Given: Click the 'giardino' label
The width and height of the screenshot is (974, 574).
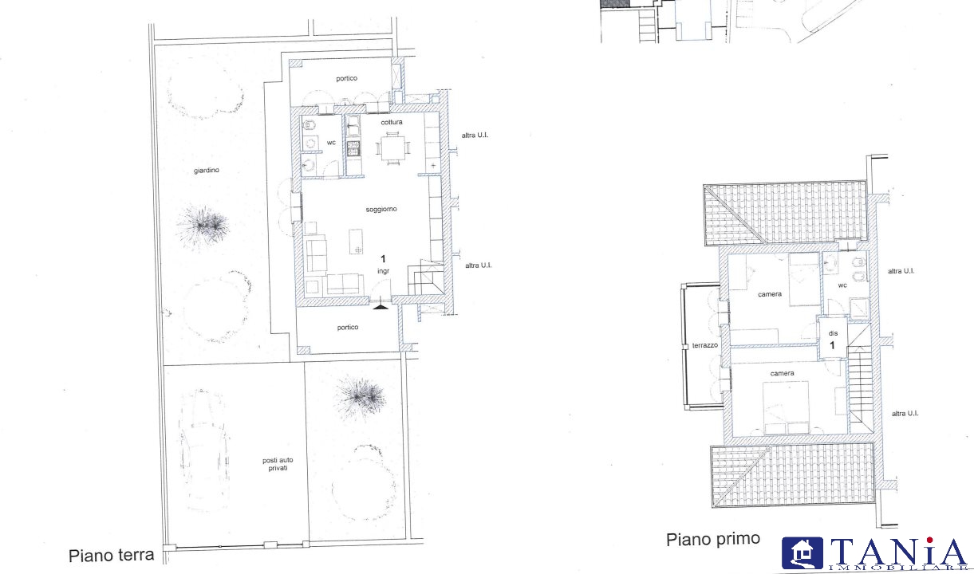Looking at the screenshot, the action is point(206,171).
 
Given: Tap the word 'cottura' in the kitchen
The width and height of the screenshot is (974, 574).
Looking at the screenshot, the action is point(392,122).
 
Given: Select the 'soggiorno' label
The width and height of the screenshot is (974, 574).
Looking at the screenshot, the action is point(381,209).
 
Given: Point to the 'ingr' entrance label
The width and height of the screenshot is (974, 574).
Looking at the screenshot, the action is point(383,271).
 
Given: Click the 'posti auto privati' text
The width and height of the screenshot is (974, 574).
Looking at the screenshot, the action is point(278,464).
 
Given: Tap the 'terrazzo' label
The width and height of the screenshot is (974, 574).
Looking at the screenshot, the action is point(705,345).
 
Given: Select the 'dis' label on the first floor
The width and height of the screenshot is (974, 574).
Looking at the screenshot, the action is point(833,333).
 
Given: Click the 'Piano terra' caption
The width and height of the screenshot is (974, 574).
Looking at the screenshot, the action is point(112,556).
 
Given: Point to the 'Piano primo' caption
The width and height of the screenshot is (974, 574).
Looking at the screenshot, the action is point(713,540).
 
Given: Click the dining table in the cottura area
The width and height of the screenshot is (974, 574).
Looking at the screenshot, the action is point(392,148).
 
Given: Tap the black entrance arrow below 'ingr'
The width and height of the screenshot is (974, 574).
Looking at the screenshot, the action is point(380,307).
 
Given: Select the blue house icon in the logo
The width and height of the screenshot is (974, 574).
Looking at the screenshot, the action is point(802,553).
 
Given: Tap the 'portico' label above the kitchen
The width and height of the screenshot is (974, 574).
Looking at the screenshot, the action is point(346,78).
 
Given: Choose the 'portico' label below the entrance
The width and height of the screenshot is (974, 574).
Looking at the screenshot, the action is point(348,327).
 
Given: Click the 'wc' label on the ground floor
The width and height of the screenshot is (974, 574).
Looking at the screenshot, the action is point(331,143).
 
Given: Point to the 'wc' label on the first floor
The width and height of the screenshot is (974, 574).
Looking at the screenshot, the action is point(842,285).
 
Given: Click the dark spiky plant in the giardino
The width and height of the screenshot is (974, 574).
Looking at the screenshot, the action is point(203,226).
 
